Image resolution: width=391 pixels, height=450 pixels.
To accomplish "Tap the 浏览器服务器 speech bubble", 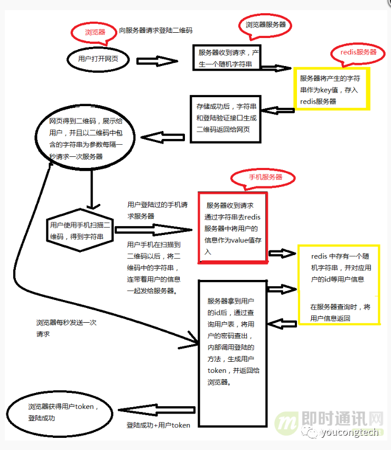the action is tap(265, 24).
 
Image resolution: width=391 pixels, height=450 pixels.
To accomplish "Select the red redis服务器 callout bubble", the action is tap(358, 52).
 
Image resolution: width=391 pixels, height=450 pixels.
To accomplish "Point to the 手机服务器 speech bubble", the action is tap(265, 177).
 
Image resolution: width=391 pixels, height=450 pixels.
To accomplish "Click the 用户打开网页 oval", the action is tap(99, 59).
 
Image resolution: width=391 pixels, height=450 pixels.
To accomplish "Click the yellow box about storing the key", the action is tap(332, 89).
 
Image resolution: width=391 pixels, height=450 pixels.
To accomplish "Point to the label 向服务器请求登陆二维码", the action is tap(155, 31).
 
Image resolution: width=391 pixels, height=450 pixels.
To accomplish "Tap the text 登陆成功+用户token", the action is tap(158, 425).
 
